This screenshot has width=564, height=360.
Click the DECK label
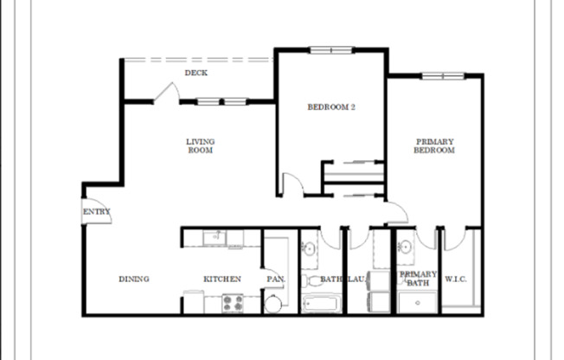pos(195,73)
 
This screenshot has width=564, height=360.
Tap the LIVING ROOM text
pos(200,145)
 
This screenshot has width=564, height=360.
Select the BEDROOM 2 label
pos(331,107)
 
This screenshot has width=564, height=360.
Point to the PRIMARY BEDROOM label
pos(434,145)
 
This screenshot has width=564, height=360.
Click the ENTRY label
pos(96,211)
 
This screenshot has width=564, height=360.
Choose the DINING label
pos(134,279)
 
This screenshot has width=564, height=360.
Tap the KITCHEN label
pos(221,279)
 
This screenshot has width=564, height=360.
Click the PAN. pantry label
pos(275,279)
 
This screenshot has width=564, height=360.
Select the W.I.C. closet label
pos(456,279)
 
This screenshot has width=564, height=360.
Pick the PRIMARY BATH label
pos(418,279)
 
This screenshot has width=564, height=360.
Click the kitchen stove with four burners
pos(234,302)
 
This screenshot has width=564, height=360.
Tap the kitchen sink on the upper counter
pos(211,236)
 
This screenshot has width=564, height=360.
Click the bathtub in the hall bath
pos(321,304)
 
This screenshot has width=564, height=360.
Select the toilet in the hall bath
pos(311,280)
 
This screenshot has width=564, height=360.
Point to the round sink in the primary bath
pos(404,249)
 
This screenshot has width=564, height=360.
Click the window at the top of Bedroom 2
pos(330,49)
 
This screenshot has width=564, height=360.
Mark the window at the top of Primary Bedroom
pos(443,75)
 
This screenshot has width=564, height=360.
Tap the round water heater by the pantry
pos(273,303)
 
